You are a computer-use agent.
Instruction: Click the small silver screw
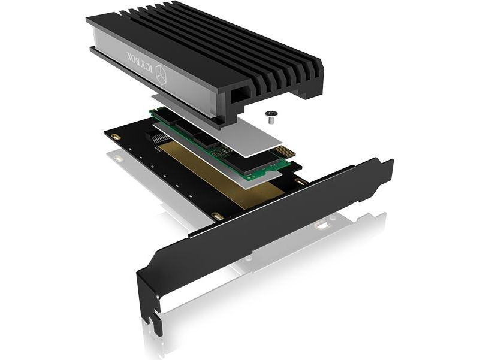pos(270,117)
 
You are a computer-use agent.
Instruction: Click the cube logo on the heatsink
pos(161,74)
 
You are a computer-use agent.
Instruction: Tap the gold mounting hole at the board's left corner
pos(115,136)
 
